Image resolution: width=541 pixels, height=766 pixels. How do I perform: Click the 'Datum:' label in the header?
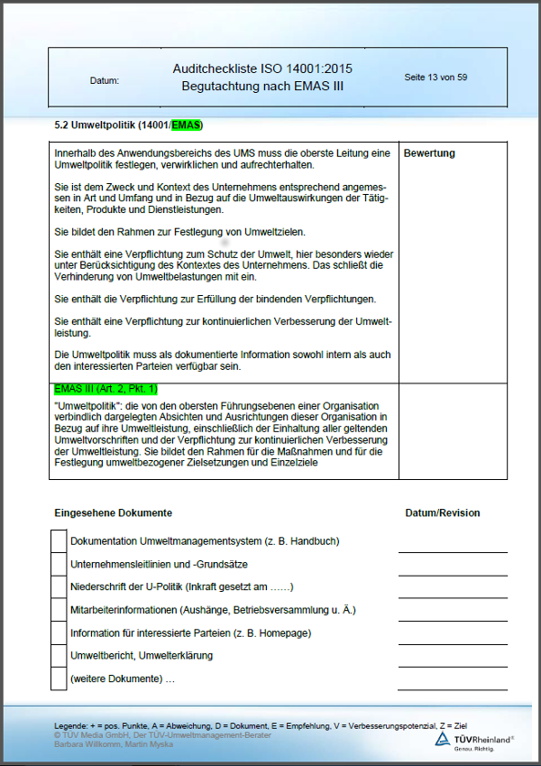coord(105,81)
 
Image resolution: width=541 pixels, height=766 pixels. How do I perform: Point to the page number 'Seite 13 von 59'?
coord(436,78)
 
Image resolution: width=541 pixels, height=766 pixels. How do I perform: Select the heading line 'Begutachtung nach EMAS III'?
coord(262,87)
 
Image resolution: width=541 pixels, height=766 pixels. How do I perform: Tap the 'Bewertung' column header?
coord(429,153)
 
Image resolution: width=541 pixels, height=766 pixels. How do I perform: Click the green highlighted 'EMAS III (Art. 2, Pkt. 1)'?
coord(105,389)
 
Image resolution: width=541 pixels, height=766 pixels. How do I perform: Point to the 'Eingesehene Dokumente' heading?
coord(114,512)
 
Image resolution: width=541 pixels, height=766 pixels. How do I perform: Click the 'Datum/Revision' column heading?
coord(443,512)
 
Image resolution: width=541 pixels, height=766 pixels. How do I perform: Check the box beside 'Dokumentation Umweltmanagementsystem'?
coord(59,541)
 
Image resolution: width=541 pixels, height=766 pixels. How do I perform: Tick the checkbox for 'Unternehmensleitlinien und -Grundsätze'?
coord(59,564)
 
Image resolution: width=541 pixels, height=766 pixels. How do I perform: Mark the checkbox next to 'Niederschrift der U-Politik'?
coord(59,586)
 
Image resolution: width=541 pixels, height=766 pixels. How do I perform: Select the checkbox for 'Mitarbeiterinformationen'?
coord(59,610)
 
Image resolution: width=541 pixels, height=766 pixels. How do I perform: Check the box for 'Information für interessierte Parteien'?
coord(59,632)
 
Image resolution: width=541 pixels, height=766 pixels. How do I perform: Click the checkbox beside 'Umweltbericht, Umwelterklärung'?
coord(59,655)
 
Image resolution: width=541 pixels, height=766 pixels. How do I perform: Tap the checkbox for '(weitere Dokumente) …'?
coord(59,678)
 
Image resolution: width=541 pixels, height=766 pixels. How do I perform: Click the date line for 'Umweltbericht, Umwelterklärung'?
coord(453,663)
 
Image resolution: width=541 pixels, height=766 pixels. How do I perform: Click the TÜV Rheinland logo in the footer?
coord(474,740)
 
